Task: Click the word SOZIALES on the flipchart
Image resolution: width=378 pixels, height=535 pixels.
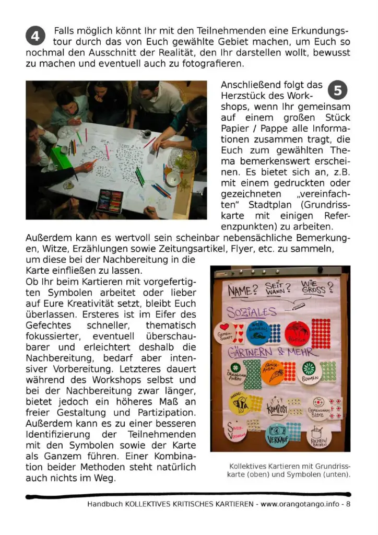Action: pos(251,312)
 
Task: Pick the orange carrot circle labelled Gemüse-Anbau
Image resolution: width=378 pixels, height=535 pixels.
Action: pos(273,372)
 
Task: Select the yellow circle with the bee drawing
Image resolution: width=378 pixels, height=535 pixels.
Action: pos(240,403)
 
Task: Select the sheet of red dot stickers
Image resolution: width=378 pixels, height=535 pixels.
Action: pos(321,333)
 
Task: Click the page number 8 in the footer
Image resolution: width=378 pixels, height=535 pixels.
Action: pos(348,505)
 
